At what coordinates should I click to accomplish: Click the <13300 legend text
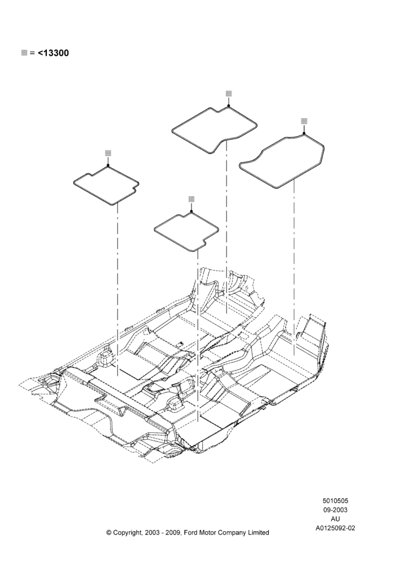click(x=53, y=53)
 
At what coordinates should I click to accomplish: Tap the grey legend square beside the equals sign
click(x=24, y=53)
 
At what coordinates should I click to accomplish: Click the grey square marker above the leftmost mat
click(x=108, y=153)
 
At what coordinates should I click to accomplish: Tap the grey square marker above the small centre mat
click(x=192, y=199)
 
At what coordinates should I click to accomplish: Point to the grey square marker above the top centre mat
click(x=228, y=93)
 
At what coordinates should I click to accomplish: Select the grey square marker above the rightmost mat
click(x=304, y=121)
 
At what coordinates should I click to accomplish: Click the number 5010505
click(x=335, y=501)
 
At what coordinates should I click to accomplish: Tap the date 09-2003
click(x=335, y=510)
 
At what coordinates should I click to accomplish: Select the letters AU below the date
click(x=335, y=519)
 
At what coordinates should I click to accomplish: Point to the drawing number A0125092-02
click(x=335, y=528)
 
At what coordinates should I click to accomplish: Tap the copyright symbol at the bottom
click(x=109, y=533)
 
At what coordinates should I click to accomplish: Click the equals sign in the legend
click(x=32, y=53)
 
